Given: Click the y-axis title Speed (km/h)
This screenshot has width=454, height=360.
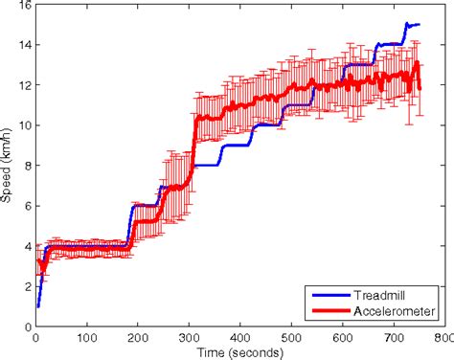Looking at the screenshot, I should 9,167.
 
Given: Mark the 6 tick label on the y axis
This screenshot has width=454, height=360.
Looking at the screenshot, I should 26,206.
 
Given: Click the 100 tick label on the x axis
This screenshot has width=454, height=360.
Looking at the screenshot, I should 86,336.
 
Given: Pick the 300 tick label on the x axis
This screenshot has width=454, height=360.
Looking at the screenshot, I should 189,336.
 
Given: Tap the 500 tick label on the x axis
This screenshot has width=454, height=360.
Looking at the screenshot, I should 291,336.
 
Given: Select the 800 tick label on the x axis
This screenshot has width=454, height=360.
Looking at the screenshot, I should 443,336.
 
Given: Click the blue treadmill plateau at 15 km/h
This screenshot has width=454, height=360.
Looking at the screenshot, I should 414,25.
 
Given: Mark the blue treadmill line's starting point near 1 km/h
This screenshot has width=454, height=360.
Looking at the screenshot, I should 37,305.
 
